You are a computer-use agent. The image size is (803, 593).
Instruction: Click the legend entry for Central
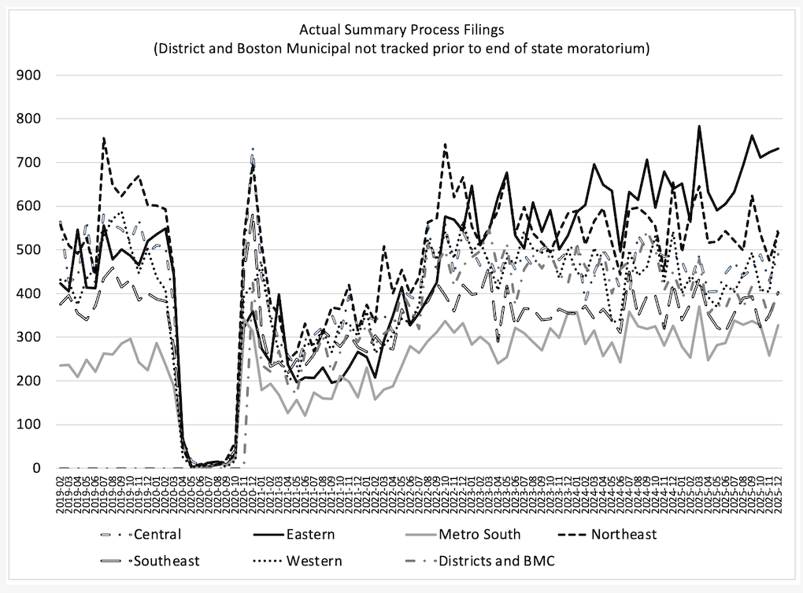tap(158, 535)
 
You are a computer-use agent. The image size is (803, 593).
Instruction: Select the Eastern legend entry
tap(310, 535)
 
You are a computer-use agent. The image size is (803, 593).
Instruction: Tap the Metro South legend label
tap(479, 535)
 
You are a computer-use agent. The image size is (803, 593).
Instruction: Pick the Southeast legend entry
tap(167, 561)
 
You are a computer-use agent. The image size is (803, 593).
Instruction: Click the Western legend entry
tap(313, 561)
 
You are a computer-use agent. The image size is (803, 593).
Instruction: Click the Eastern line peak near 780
tap(698, 126)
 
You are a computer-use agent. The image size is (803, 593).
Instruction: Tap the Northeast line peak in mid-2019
tap(104, 138)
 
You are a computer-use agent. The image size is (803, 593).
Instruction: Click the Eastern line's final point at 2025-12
tap(778, 149)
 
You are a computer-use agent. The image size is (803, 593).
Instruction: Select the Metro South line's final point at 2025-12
tap(778, 325)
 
